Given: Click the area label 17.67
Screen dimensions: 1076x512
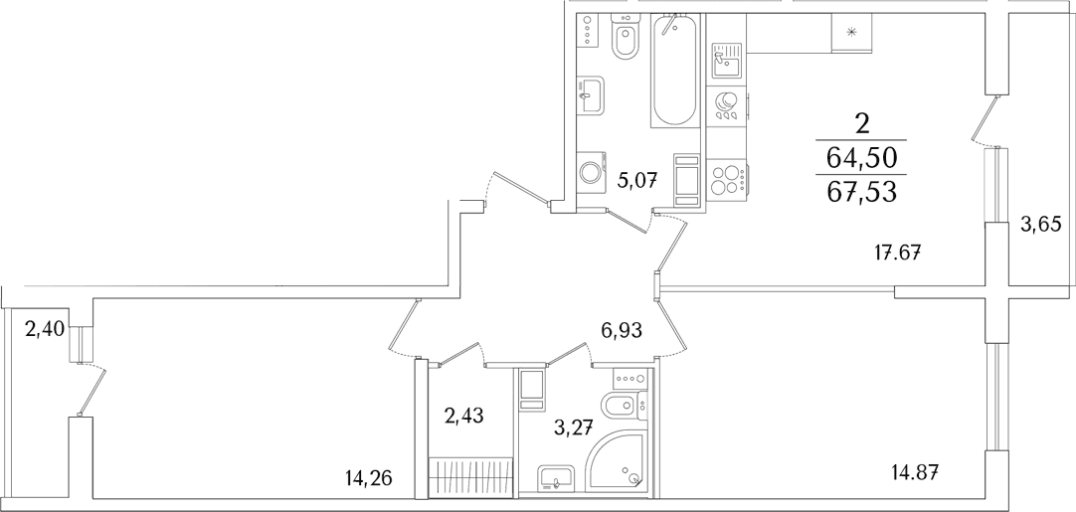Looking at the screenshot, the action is coord(898,253).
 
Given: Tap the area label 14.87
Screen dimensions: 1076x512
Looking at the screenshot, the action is coord(914,473).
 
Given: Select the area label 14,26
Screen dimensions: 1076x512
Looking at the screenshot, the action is coord(370,477).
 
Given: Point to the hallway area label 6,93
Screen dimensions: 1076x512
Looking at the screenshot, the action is coord(622,331).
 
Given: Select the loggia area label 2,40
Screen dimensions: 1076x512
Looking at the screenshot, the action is coord(45,330).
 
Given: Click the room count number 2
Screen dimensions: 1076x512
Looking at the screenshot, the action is coord(862,124).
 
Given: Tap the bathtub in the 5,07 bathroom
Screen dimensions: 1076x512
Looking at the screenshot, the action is coord(675,70).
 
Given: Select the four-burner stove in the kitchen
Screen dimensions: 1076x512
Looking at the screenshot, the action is coord(727,178).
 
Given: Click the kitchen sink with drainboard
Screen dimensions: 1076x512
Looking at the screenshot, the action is coord(727,59).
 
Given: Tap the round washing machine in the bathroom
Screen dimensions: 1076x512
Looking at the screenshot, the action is coord(590,172).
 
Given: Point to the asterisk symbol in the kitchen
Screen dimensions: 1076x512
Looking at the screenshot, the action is coord(851,32).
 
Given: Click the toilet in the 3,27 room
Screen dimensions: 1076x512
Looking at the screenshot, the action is coord(625,406).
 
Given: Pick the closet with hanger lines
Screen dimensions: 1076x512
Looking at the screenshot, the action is coord(471,473).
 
